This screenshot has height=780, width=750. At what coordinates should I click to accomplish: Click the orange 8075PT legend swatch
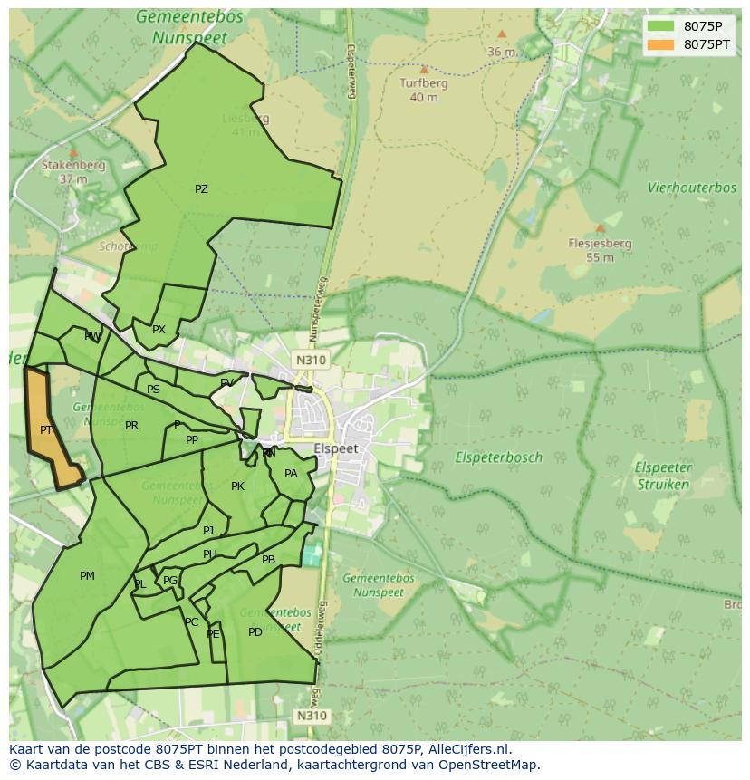[x=661, y=44]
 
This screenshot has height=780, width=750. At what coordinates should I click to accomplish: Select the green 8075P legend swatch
[x=661, y=26]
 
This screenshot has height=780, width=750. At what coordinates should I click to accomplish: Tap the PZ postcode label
[x=201, y=189]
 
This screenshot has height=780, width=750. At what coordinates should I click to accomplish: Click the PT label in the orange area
[x=46, y=430]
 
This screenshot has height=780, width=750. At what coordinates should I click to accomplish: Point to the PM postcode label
[x=87, y=576]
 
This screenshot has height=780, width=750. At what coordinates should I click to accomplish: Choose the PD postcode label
[x=255, y=632]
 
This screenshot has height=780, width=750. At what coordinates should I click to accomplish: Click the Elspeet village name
[x=336, y=448]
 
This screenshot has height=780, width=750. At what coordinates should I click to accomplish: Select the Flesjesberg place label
[x=600, y=244]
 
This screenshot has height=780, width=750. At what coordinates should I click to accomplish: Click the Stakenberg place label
[x=73, y=166]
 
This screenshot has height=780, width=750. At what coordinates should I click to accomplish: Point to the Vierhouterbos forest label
[x=691, y=188]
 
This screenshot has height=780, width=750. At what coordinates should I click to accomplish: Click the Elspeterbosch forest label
[x=498, y=457]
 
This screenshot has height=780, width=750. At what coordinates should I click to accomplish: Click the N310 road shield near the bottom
[x=310, y=716]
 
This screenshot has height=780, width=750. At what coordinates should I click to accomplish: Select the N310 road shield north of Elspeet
[x=310, y=360]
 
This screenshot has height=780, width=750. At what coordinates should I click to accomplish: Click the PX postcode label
[x=159, y=330]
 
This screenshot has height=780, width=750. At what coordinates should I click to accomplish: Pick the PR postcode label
[x=132, y=426]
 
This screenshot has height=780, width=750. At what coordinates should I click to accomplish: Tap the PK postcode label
[x=237, y=486]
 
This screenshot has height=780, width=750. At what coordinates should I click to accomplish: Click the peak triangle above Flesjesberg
[x=600, y=228]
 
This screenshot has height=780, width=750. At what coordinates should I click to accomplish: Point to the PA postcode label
[x=291, y=474]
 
